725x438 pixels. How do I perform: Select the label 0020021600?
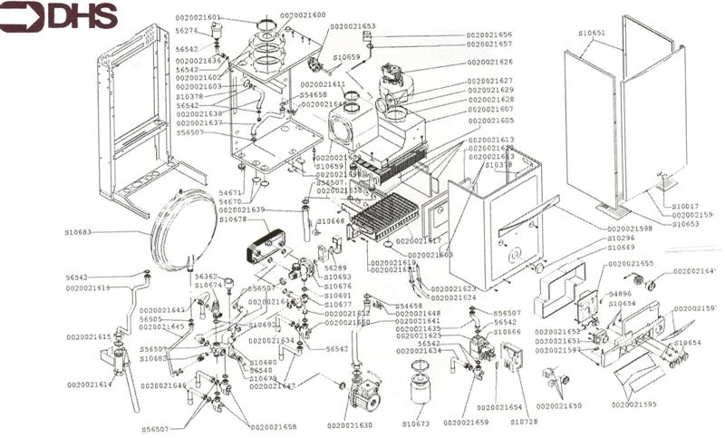point(303,15)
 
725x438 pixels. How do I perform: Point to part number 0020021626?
point(490,62)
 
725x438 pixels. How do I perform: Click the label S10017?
point(686,207)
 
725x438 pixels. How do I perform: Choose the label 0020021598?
point(631,229)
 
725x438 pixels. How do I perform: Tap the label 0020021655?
point(631,263)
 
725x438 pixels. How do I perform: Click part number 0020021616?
point(88,287)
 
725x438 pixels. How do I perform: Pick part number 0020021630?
point(350,425)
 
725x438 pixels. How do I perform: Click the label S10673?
point(415,423)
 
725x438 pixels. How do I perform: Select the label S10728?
point(524,422)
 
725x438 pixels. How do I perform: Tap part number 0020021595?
point(633,404)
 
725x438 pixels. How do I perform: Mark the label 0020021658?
point(274,425)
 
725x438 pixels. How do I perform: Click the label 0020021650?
point(559,405)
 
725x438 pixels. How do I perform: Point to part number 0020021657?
point(489,44)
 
